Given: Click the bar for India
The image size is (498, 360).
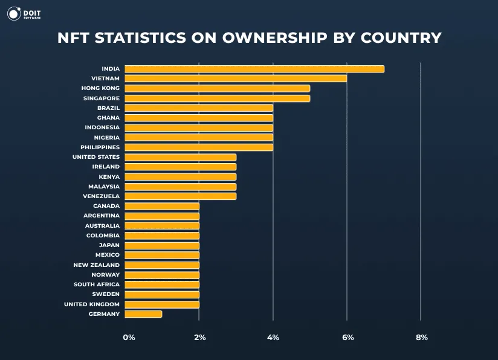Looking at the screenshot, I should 254,69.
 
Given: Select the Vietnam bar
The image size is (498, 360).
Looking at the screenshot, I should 236,79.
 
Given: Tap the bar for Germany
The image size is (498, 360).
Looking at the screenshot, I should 143,314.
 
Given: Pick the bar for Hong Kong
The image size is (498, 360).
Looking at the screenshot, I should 217,88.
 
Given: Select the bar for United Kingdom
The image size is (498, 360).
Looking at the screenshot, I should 162,304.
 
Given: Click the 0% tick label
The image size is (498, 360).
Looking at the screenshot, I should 129,337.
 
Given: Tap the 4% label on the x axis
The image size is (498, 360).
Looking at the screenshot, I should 274,337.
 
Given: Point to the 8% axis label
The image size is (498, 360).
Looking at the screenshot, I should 421,337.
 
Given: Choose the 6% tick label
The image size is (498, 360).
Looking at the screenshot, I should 348,337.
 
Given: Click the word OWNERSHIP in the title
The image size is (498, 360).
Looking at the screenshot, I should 275,37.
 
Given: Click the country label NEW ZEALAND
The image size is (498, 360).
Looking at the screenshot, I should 97,265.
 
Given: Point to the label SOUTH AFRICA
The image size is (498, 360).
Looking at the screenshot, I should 97,284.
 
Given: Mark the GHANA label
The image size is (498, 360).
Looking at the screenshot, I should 108,118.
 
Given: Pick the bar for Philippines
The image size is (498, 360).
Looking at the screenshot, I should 199,147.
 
